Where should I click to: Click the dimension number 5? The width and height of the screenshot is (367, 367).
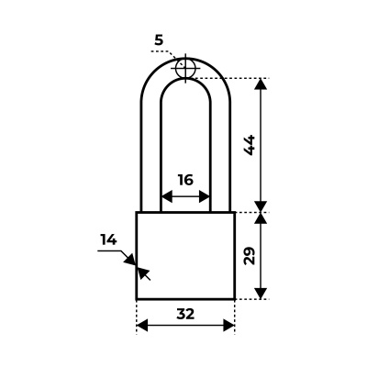tap(159, 40)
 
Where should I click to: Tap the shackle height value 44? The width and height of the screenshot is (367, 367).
tap(250, 145)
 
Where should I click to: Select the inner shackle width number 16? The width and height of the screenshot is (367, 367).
tap(185, 180)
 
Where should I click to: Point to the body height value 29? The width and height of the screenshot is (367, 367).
tap(250, 256)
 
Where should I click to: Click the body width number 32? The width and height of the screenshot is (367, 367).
tap(185, 314)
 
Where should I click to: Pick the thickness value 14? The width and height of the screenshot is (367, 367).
tap(109, 240)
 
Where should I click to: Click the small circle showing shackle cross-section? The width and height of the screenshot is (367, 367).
tap(185, 68)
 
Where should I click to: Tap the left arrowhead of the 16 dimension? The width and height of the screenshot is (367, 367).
tap(167, 196)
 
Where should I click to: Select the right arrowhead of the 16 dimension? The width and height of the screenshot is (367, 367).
tap(205, 196)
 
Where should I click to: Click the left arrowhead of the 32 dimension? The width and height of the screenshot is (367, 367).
tap(142, 325)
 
